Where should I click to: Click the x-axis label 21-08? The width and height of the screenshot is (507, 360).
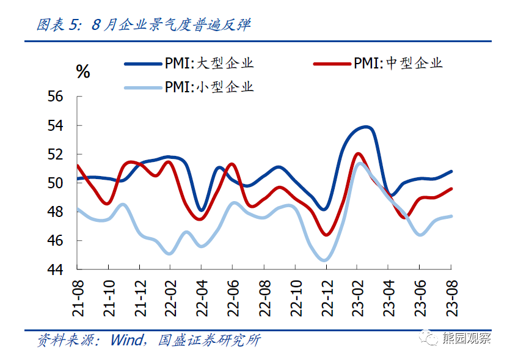coord(78,298)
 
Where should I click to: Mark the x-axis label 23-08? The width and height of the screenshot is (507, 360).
coord(451,298)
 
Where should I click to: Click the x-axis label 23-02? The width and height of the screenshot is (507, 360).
coord(357,298)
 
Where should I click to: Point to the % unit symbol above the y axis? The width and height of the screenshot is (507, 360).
coord(82,72)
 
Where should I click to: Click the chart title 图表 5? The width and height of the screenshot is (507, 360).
coord(58,24)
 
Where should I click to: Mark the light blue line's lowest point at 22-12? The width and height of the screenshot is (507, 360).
coord(324,260)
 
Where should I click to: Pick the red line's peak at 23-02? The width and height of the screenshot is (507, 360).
coord(357,153)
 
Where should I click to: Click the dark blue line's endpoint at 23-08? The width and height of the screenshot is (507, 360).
coord(451,171)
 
